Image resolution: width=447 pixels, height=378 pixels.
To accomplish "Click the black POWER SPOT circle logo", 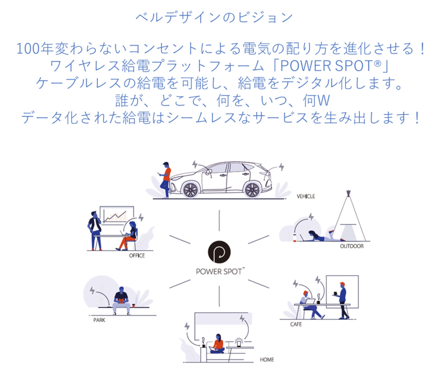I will coord(219,252).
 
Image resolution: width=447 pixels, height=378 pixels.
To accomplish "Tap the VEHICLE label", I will coord(306,196).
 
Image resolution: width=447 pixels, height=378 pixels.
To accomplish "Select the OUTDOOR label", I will coord(352,246).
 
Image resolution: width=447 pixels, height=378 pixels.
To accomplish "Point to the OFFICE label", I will coord(137,255).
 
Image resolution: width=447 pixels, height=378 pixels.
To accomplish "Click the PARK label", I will coord(99,320).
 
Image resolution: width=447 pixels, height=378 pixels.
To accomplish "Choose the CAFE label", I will coord(296,324).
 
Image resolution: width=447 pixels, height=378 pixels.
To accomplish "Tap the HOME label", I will coord(267,360).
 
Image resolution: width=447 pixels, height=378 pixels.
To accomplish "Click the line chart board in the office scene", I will coord(117,215).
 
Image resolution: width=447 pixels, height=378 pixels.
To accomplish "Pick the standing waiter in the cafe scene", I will coord(343,300).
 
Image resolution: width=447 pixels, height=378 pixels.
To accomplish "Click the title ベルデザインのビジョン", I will coord(214,17).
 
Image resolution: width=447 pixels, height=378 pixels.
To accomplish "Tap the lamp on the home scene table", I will coord(239,342).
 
